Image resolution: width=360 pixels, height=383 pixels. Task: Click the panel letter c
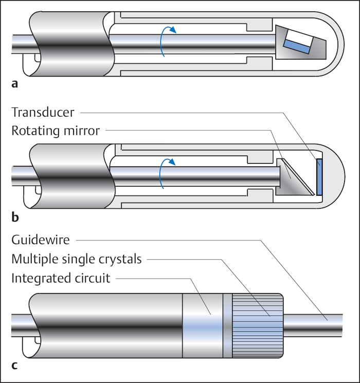coord(14,366)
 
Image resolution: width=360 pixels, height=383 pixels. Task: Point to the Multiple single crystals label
coord(76,259)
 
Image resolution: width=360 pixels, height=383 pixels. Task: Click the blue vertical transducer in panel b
coord(319,176)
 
